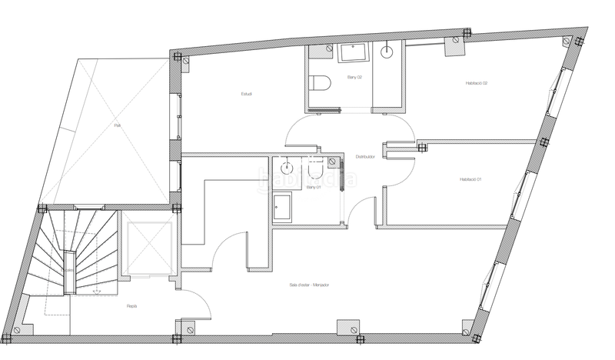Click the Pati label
tap(117, 125)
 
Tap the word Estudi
tap(247, 94)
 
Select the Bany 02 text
tap(354, 78)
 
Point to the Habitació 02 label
tap(477, 83)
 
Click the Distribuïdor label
tap(364, 156)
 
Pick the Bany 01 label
tap(314, 187)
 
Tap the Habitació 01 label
tap(470, 179)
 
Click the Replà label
tap(131, 305)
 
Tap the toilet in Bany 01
tap(313, 164)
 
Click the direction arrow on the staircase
tap(96, 292)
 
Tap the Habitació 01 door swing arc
tap(404, 163)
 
